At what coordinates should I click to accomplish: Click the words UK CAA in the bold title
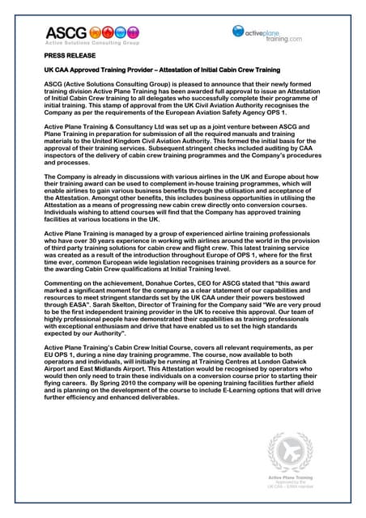click(57, 70)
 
